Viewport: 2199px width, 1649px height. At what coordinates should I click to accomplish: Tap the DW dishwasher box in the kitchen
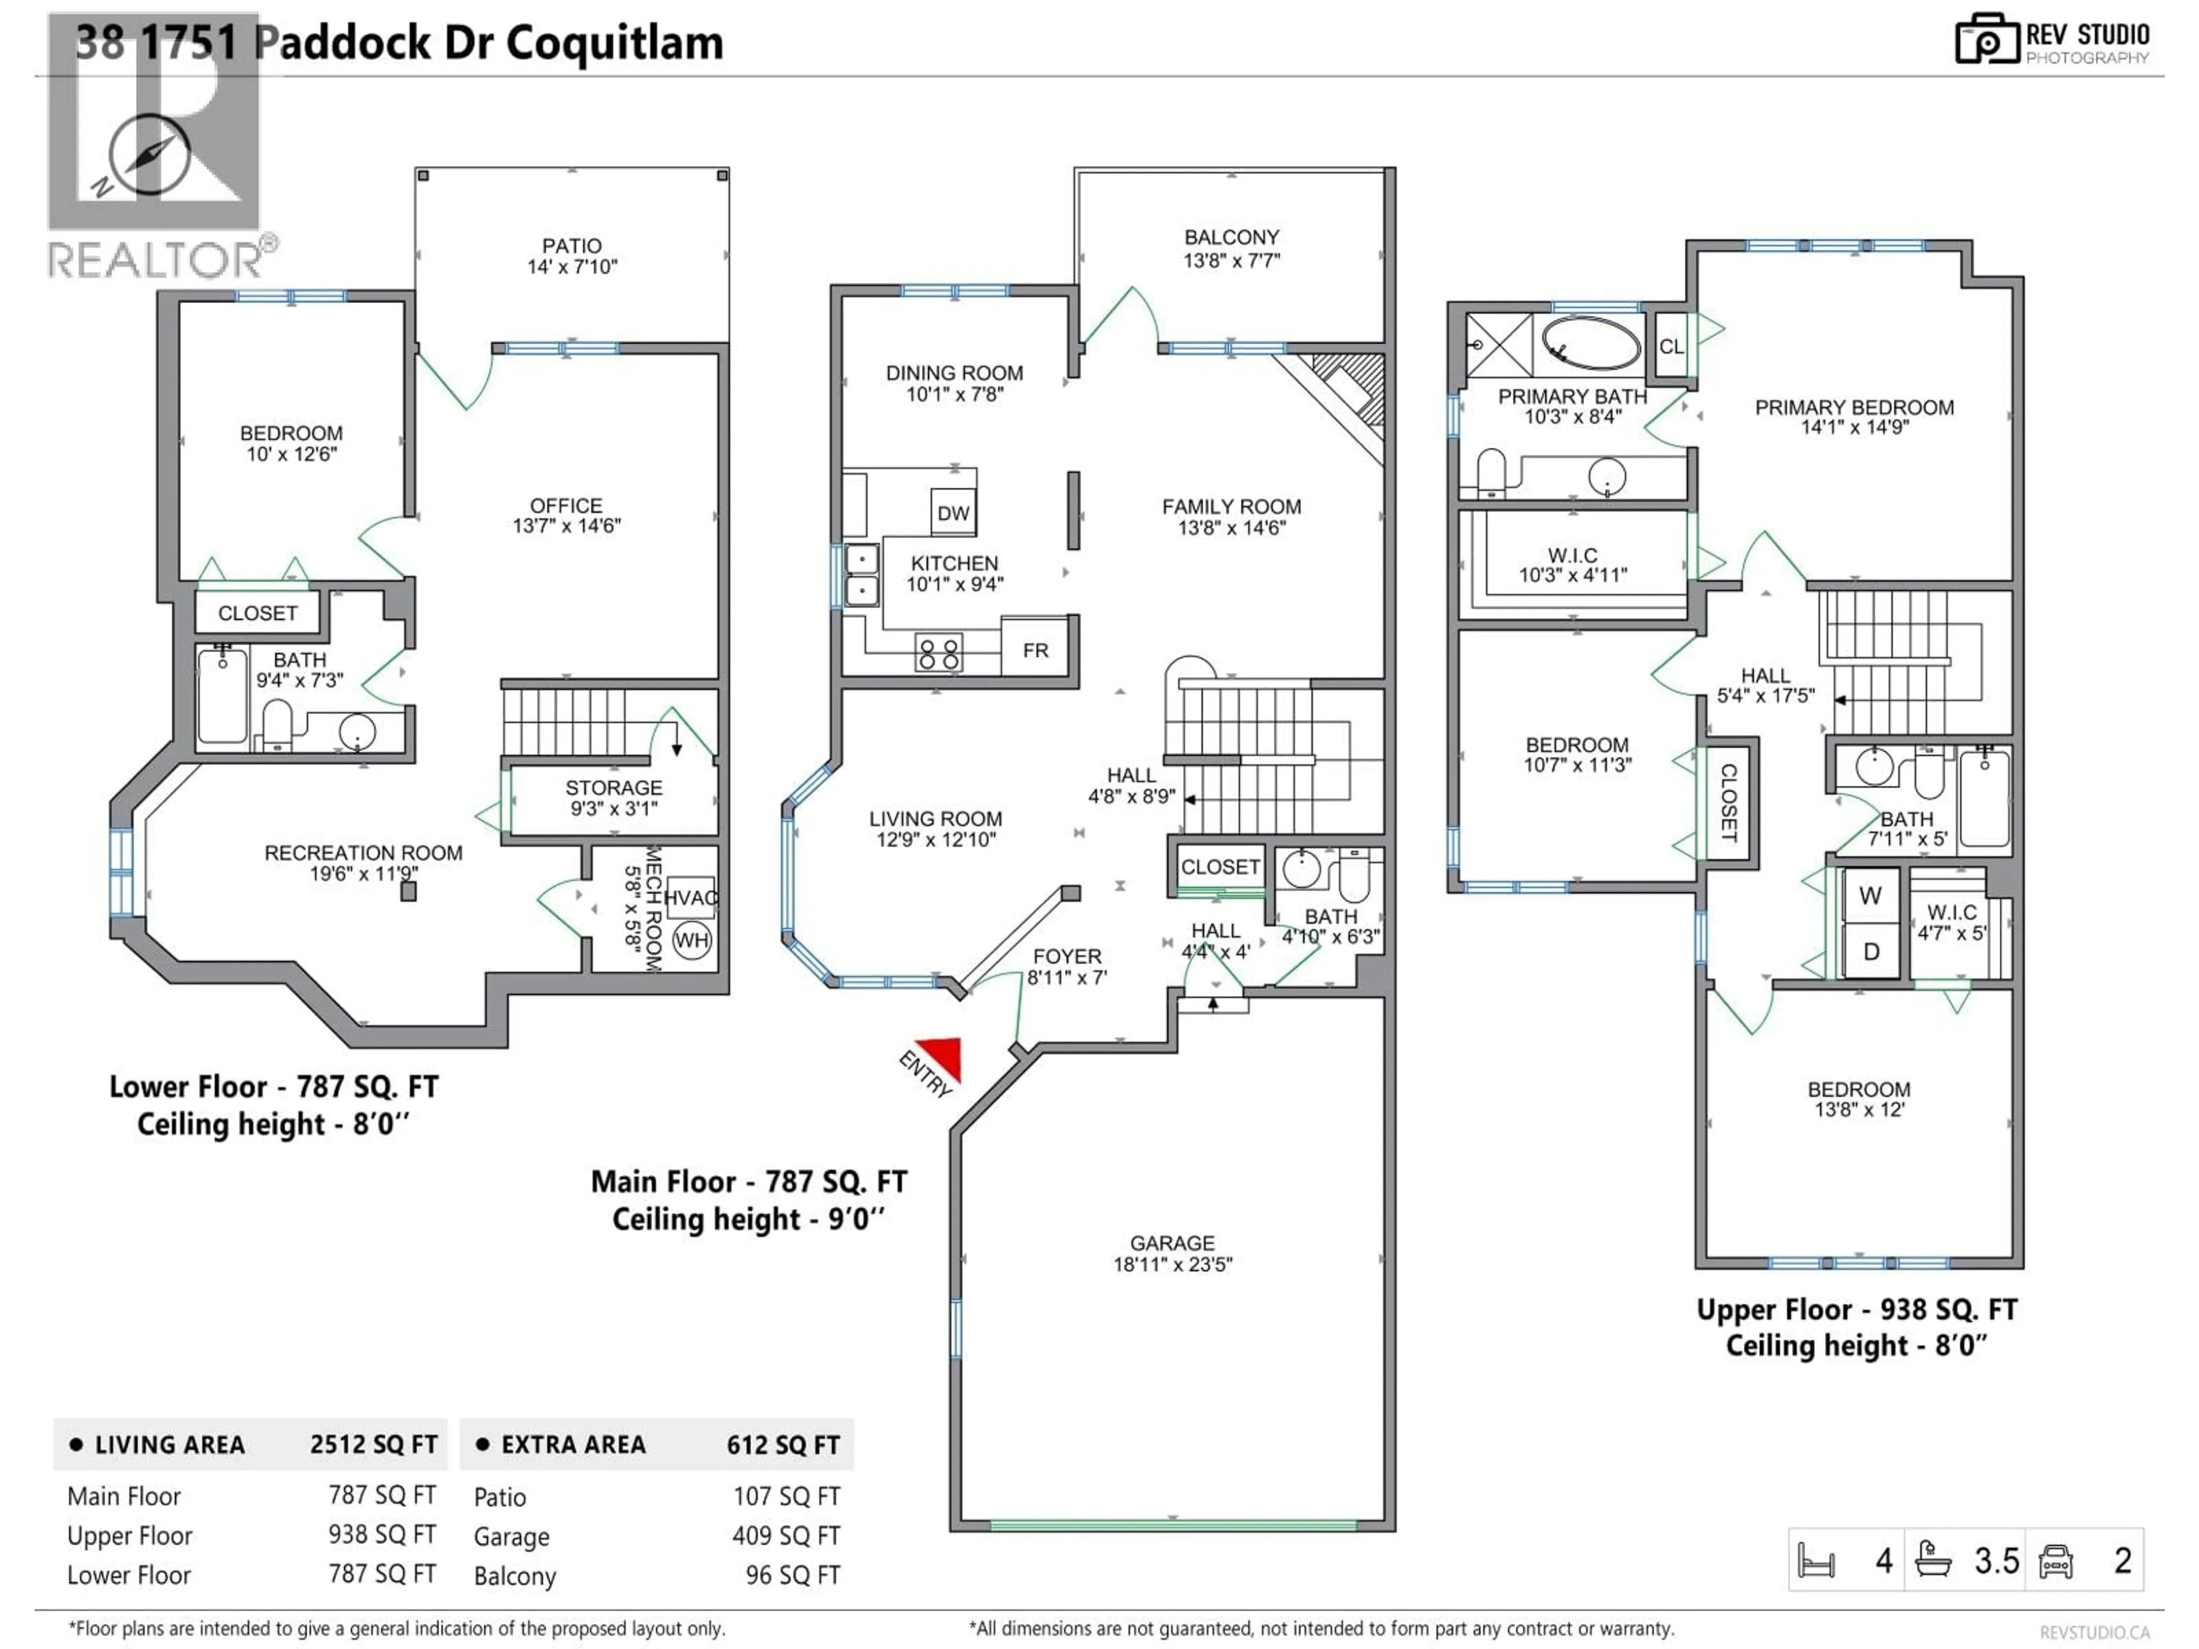click(952, 513)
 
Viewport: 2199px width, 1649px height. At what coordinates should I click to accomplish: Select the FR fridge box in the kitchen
click(1035, 650)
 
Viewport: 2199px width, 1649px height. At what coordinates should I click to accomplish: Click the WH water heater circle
click(692, 940)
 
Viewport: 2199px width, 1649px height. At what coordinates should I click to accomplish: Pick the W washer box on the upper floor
click(1870, 895)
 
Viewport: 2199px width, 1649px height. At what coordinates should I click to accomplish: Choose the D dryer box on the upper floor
click(1870, 951)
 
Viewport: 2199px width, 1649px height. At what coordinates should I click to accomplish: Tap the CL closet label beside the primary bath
click(1671, 346)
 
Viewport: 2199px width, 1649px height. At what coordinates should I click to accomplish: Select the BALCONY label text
click(1231, 238)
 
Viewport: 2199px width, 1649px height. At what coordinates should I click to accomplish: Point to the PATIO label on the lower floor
click(572, 246)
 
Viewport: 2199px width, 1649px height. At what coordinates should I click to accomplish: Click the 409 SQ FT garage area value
click(785, 1536)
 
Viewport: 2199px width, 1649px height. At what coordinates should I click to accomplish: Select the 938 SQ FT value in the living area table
click(382, 1534)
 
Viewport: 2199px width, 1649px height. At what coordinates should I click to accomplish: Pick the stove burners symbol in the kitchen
click(939, 653)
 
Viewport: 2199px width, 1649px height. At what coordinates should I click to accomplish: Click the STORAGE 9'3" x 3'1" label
click(613, 797)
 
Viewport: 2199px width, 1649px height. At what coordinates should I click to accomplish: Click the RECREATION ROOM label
click(363, 853)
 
